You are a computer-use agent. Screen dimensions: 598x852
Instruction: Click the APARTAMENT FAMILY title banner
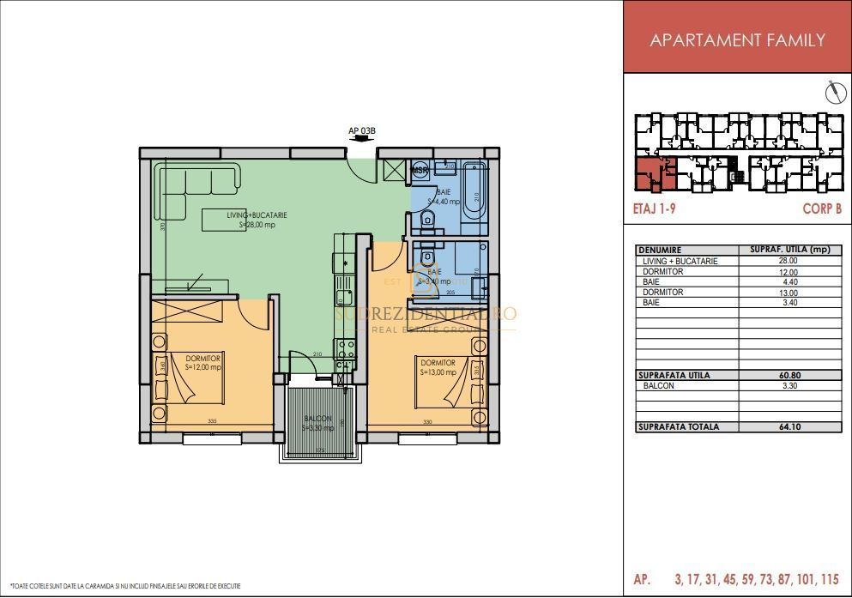coord(737,39)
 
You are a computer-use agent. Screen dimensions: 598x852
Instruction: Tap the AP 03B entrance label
coord(361,131)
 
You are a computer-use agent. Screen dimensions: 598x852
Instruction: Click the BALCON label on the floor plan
coord(317,419)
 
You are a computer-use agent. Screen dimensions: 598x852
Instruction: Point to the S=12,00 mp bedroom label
coord(202,366)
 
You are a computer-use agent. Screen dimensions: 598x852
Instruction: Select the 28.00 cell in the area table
coord(787,261)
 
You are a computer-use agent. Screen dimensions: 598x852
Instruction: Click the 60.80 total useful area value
coord(787,375)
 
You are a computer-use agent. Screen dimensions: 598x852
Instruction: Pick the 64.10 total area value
coord(787,426)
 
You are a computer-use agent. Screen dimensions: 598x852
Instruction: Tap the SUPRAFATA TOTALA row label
coord(679,426)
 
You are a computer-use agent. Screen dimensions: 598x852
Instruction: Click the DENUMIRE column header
coord(660,250)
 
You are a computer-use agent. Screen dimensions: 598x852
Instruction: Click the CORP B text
coord(821,208)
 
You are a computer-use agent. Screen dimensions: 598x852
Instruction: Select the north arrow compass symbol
coord(831,91)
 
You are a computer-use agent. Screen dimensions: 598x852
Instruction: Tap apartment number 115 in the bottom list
coord(828,580)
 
